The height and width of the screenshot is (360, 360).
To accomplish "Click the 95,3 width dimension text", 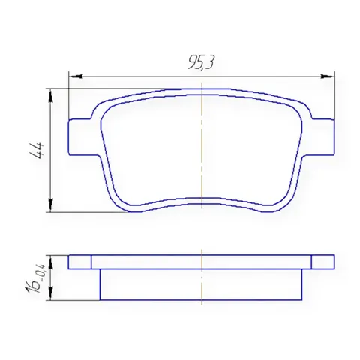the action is pos(201,61).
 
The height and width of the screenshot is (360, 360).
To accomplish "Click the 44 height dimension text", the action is pos(37,151).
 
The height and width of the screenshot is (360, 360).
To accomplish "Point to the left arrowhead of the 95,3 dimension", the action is pos(76,76).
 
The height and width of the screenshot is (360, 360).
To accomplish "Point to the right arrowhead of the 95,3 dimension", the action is pos(328,76).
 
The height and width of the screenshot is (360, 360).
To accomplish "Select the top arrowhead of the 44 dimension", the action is pos(51,95).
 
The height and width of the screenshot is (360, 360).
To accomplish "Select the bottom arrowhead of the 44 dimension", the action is pos(51,205).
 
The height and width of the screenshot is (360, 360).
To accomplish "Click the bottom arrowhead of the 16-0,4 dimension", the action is pos(51,293).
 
